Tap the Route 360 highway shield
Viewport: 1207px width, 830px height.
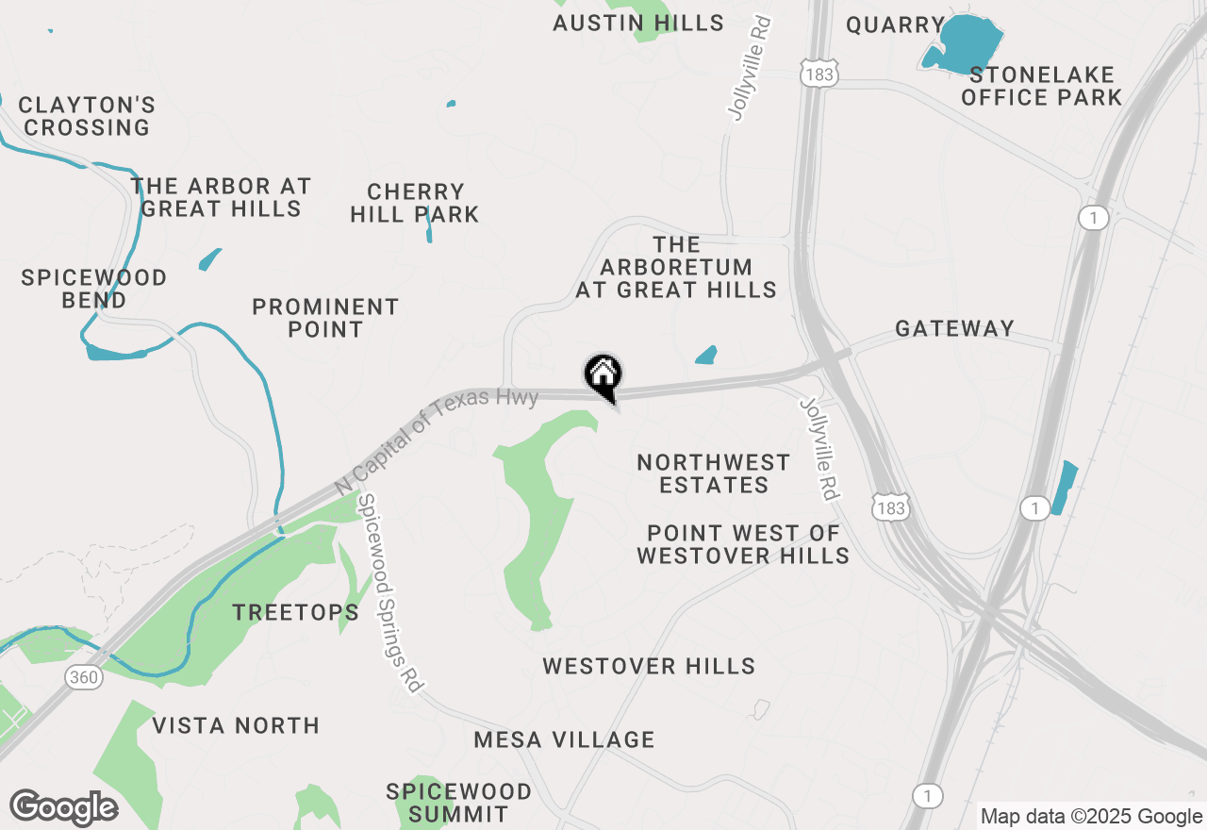pos(84,677)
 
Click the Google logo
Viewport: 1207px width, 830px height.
pos(63,808)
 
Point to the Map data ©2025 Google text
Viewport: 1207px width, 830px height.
pos(1090,817)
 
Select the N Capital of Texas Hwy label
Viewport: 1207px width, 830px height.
pos(437,441)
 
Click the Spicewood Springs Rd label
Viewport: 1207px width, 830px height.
pos(389,594)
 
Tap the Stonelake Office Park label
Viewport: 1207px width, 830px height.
pos(1041,86)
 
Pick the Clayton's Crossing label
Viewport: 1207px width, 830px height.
pos(87,116)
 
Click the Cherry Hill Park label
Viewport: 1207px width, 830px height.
pos(415,203)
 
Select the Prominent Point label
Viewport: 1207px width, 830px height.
pos(325,318)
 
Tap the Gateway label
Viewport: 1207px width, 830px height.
pos(954,328)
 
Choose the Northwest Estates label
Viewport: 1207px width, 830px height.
pos(714,473)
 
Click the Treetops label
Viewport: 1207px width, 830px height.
pos(296,612)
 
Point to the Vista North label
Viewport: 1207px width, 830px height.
pos(236,725)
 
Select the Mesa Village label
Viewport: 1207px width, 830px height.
pos(564,739)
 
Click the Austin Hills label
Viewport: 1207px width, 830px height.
pos(638,23)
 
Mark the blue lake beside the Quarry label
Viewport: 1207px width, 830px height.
pos(967,43)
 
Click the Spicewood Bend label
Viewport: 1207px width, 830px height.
pos(94,289)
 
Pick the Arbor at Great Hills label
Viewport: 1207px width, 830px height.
pos(221,197)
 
